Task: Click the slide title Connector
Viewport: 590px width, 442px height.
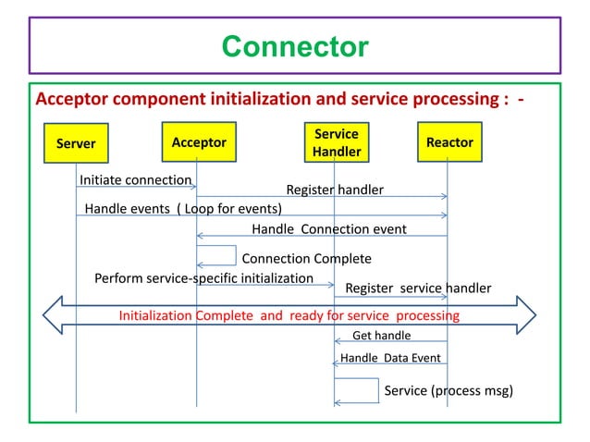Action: [x=295, y=45]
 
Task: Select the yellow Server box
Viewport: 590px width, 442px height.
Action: [x=76, y=143]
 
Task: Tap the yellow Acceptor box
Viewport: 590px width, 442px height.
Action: [x=198, y=142]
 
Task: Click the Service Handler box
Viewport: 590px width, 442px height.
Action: [x=336, y=142]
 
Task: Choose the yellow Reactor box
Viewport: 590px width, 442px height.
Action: [x=449, y=142]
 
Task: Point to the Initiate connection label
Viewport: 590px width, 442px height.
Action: [x=136, y=179]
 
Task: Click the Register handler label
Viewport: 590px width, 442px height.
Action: [x=334, y=190]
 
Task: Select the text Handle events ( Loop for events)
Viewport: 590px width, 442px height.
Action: [x=183, y=208]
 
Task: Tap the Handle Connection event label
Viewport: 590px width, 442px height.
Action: [x=328, y=228]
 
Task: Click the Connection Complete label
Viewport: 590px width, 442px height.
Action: [x=306, y=258]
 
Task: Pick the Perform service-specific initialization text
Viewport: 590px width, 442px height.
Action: [x=204, y=277]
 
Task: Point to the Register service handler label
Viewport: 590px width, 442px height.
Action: [x=418, y=288]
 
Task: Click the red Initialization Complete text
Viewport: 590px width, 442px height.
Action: [x=289, y=315]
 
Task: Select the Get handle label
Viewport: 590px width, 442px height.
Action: [x=381, y=336]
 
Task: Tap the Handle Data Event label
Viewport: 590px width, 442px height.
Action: [x=390, y=358]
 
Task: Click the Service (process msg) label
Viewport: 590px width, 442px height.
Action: [x=448, y=390]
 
